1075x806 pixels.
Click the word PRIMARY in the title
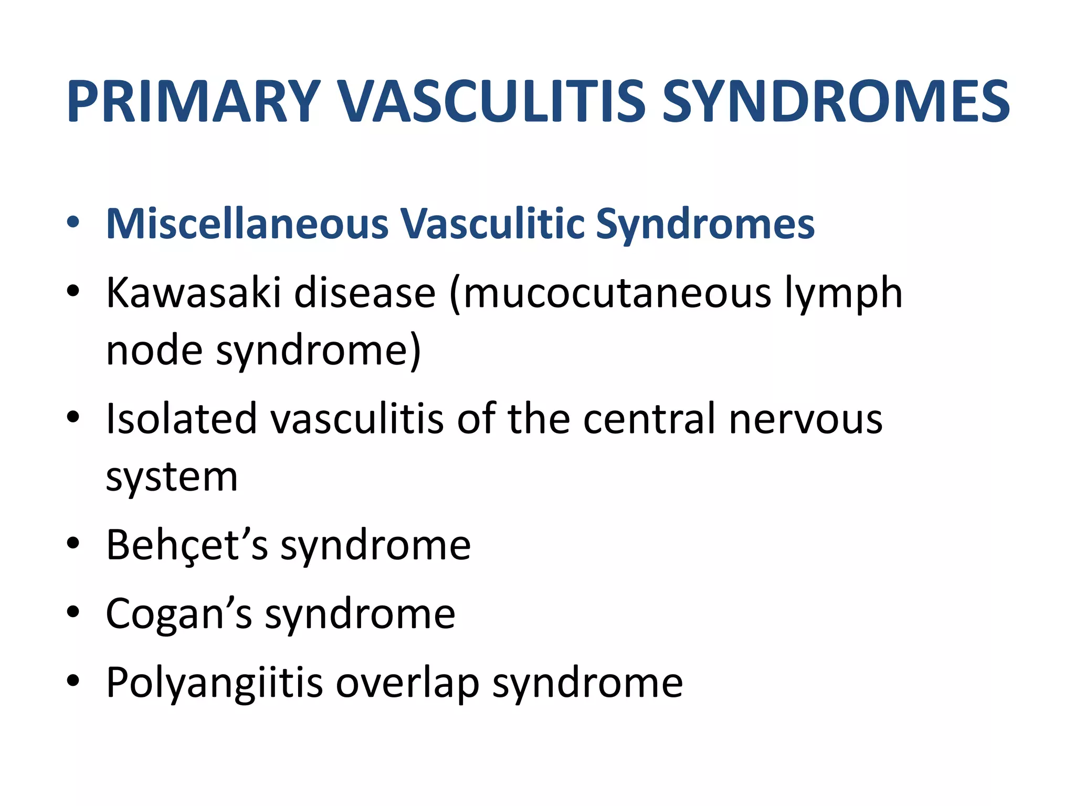pyautogui.click(x=193, y=102)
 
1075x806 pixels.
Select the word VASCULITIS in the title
pyautogui.click(x=491, y=102)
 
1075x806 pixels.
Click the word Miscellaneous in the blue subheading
pyautogui.click(x=247, y=225)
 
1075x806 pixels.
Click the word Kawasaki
pyautogui.click(x=193, y=293)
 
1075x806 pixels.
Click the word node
pyautogui.click(x=154, y=351)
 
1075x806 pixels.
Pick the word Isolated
pyautogui.click(x=181, y=419)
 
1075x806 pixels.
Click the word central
pyautogui.click(x=649, y=419)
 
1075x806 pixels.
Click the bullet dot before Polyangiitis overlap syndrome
pyautogui.click(x=73, y=681)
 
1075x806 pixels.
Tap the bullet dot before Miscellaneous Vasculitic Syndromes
pyautogui.click(x=73, y=222)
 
